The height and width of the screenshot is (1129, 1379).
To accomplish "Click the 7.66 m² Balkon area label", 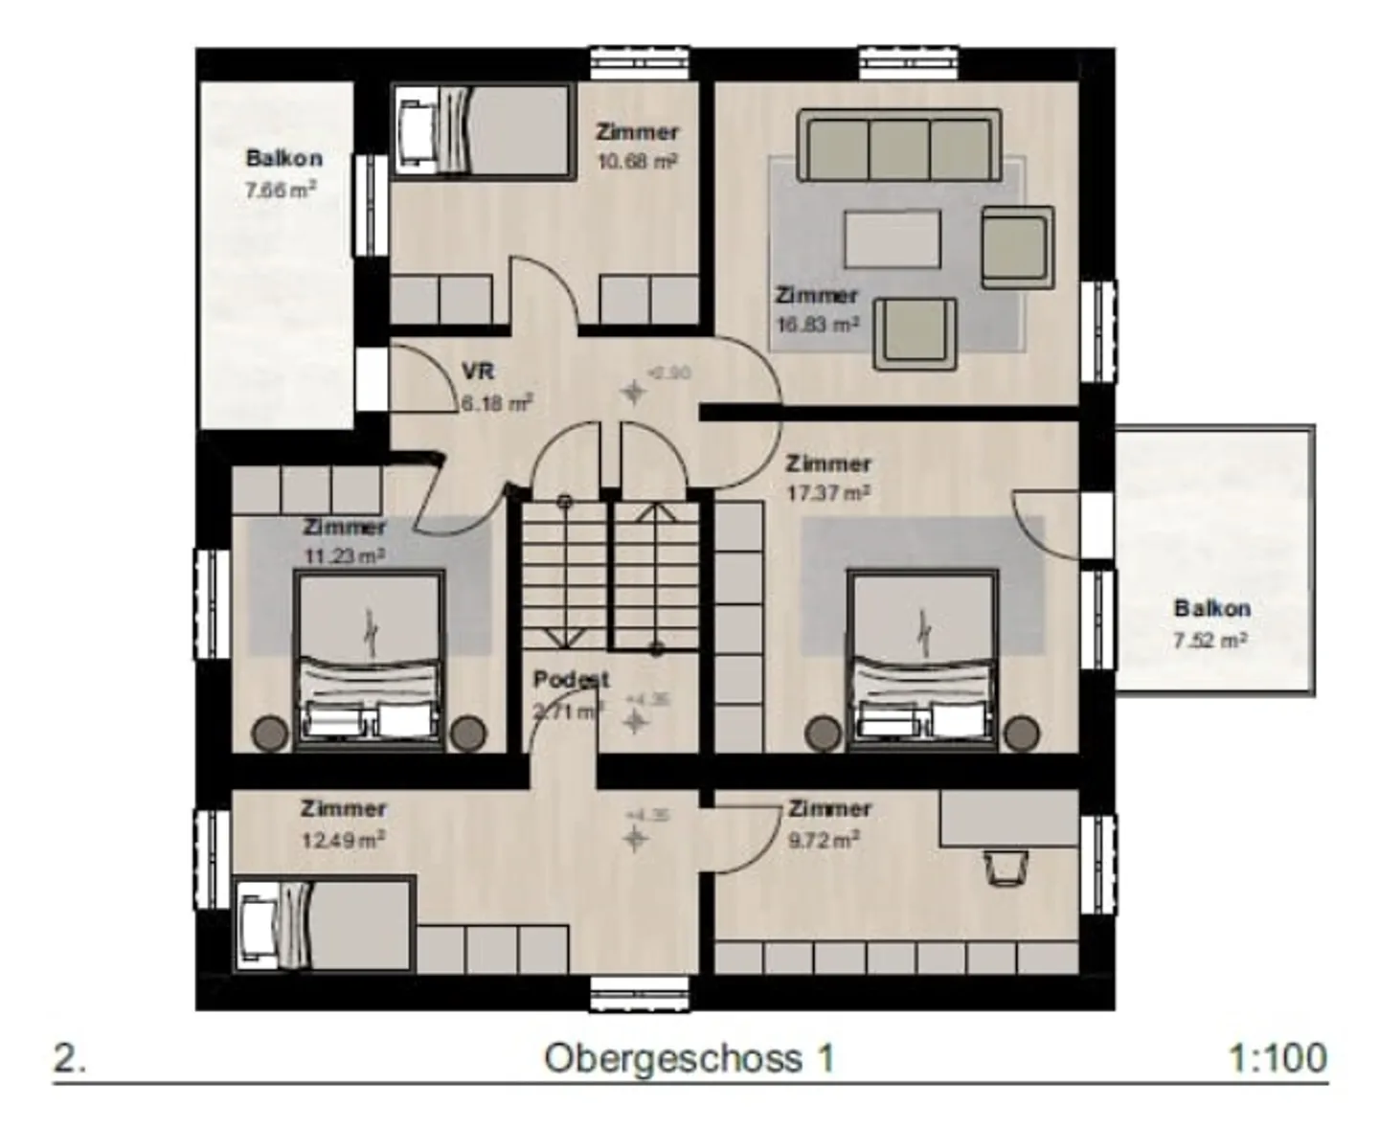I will [x=281, y=190].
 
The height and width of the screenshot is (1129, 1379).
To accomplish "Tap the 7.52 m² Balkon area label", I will [x=1210, y=640].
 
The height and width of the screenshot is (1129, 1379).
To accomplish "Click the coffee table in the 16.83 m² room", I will [x=892, y=238].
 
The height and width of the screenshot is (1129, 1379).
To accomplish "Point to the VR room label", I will [x=478, y=372].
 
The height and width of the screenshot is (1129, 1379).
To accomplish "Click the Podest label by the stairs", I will [x=571, y=679].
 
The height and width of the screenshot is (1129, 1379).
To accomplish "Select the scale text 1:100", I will [x=1277, y=1058].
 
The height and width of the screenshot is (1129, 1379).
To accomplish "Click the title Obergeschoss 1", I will [x=689, y=1058].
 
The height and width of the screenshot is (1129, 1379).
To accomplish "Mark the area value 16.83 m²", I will [x=817, y=325].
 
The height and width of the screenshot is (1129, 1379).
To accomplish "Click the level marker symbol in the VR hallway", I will [x=633, y=391].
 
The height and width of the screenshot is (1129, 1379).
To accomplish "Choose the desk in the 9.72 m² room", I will [x=1009, y=818].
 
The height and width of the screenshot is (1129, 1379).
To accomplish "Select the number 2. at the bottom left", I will [x=70, y=1058].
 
